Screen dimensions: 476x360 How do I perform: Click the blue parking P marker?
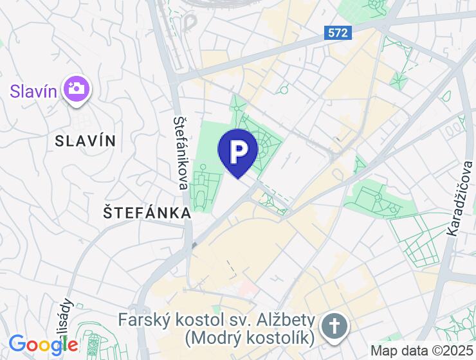click(238, 151)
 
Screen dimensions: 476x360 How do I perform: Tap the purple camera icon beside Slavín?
click(77, 89)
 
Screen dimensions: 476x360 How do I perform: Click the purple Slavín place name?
click(33, 89)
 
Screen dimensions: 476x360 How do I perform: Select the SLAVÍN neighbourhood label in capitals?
click(86, 141)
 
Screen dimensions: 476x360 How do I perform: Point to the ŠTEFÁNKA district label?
click(147, 213)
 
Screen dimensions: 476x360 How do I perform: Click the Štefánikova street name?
click(181, 154)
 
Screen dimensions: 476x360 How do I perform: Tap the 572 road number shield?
click(338, 32)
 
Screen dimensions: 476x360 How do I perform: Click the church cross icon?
click(334, 326)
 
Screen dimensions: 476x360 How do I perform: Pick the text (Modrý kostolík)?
click(249, 337)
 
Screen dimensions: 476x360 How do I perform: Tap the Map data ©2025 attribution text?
click(421, 351)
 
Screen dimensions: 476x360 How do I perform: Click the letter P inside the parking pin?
click(238, 150)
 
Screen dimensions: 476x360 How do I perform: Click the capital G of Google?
click(17, 345)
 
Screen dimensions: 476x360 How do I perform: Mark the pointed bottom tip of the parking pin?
click(238, 177)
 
